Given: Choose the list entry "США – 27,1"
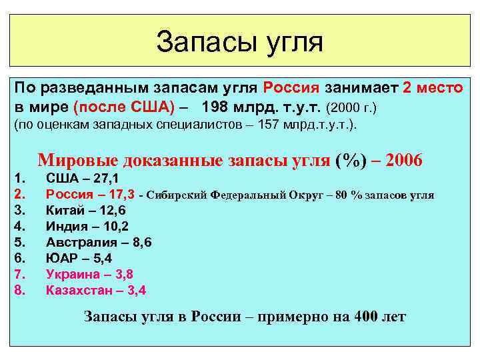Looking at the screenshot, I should [83, 179].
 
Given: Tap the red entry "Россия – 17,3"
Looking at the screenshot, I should [90, 195].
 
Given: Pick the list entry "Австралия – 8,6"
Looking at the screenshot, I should [99, 243].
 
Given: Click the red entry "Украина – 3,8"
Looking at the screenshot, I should [89, 274].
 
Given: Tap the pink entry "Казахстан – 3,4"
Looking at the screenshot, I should [96, 290].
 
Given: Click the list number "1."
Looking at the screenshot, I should [19, 179].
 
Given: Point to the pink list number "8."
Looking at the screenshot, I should [19, 290].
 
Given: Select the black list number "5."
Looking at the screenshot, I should [19, 243].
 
